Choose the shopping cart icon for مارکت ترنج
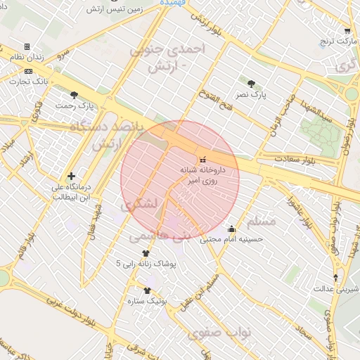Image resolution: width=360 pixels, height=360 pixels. tap(347, 31)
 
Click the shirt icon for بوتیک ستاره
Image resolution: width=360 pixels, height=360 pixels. tap(147, 290)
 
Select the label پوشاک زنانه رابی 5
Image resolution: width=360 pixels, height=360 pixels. tap(148, 263)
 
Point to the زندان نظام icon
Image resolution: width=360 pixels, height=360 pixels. tap(27, 46)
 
